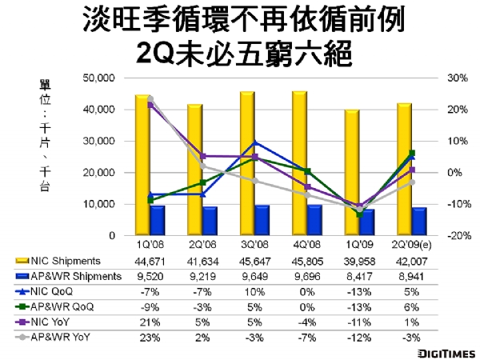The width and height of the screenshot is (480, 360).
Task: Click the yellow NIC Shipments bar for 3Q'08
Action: point(246,168)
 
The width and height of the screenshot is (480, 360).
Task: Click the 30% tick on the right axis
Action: point(435,78)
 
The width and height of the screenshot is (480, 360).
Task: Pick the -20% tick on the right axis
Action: point(435,236)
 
